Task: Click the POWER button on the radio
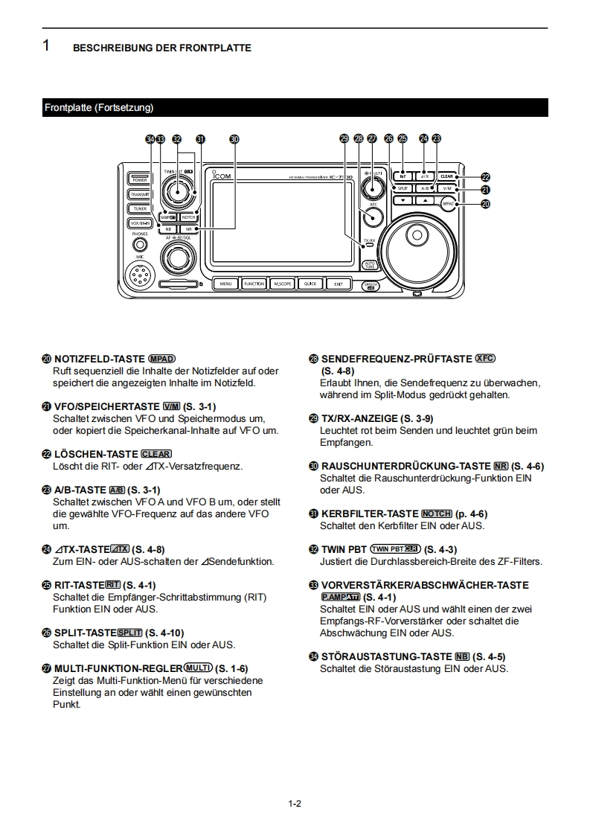(x=140, y=179)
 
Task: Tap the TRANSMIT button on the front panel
(x=140, y=194)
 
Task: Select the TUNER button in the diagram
(x=140, y=208)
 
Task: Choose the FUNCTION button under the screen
(x=254, y=284)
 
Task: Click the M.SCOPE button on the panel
(x=282, y=284)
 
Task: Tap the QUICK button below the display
(x=310, y=284)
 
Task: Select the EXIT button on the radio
(x=339, y=284)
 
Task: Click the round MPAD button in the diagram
(x=447, y=202)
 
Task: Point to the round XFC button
(x=373, y=216)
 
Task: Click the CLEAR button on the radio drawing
(x=446, y=176)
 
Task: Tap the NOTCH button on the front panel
(x=188, y=217)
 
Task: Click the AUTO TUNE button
(x=370, y=265)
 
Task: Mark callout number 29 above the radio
(x=344, y=138)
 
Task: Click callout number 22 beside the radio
(x=486, y=177)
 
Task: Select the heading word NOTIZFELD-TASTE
(x=100, y=359)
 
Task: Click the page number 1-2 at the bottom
(x=295, y=804)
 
